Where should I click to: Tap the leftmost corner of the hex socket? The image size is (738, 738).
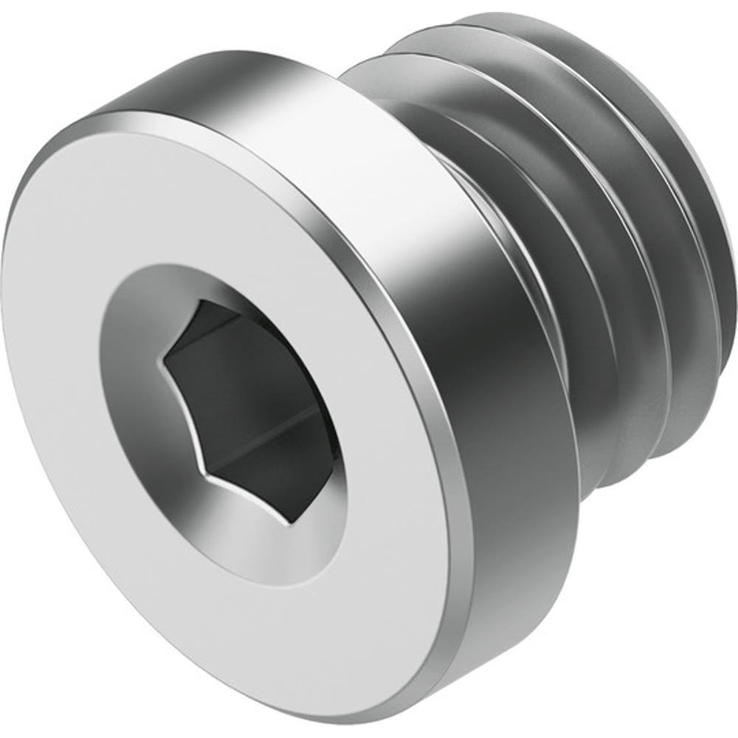pos(165,360)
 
